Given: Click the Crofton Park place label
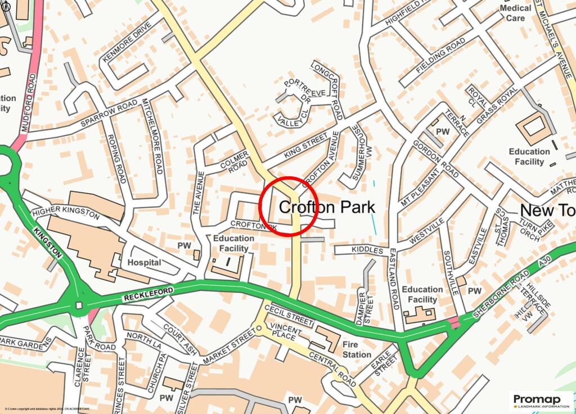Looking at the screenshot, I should (x=327, y=207).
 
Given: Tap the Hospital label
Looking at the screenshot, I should (x=144, y=262).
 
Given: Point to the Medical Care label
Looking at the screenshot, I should (x=515, y=13).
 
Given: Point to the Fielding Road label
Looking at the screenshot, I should (x=441, y=58).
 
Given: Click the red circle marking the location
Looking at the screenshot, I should (x=289, y=206).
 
